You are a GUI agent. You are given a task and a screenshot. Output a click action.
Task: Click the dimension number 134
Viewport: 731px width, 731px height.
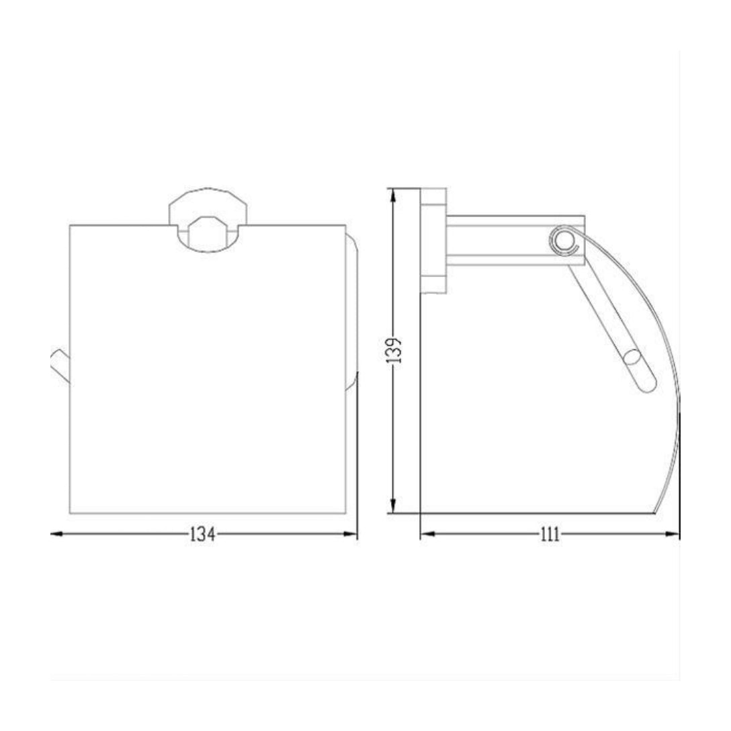point(203,534)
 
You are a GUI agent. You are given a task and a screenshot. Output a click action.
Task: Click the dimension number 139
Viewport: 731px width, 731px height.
point(394,351)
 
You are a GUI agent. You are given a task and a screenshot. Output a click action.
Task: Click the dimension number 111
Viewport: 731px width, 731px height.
point(550,534)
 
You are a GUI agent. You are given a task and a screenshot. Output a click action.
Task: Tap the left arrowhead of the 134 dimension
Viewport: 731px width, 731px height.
point(56,533)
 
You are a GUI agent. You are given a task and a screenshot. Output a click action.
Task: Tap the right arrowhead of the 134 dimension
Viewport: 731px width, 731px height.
point(351,533)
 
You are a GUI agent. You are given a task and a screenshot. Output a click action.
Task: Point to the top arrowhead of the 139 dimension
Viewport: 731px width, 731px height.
point(394,195)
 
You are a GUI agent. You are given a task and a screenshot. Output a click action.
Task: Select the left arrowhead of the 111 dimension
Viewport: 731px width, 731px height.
point(427,533)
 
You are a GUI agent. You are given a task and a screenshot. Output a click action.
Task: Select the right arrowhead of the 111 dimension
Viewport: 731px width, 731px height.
point(673,533)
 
